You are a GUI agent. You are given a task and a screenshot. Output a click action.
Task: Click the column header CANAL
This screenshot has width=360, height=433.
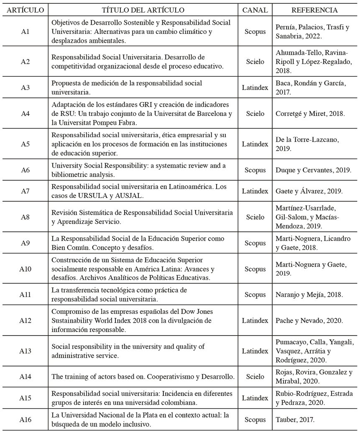pos(255,10)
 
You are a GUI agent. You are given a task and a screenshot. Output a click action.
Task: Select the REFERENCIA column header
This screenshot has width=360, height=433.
pos(314,10)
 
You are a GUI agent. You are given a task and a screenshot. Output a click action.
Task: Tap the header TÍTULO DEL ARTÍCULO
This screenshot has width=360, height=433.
pos(143,10)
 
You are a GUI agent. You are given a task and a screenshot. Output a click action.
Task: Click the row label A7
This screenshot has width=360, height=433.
pos(25,191)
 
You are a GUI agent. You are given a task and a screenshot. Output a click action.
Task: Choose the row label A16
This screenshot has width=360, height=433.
pos(25,420)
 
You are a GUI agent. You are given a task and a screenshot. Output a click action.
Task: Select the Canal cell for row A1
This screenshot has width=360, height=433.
pos(255,32)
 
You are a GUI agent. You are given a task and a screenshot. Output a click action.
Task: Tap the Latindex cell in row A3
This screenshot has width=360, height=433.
pos(255,87)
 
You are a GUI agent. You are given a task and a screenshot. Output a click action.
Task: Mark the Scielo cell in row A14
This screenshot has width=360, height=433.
pos(255,377)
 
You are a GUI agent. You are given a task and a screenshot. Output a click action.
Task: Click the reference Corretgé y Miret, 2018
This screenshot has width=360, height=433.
pos(310,113)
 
